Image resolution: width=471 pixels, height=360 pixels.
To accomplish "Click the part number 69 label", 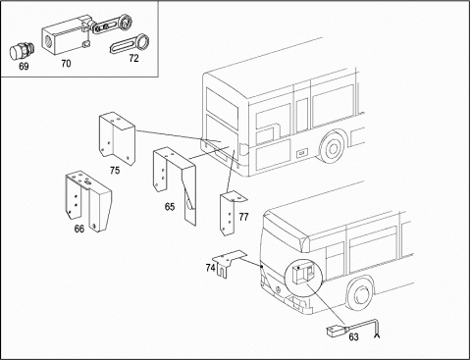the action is pos(24,67).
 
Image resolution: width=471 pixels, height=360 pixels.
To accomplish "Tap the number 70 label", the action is pos(66,63).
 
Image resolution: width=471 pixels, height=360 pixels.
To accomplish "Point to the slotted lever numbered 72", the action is pos(130,45).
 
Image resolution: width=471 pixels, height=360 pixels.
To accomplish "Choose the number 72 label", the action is pos(133,58).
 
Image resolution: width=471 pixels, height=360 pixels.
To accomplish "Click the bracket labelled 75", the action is pos(117,138).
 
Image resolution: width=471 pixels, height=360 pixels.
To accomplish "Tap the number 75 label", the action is pos(115,171).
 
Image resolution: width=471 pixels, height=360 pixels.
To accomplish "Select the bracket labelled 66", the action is pos(88,200).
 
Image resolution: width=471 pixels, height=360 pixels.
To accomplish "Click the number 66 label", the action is pos(79,229).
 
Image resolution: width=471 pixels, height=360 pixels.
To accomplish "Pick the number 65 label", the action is pos(170,207).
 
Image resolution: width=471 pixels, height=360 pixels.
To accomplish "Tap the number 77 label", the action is pos(243,217).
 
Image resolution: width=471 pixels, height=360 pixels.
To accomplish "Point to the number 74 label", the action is pos(211,268).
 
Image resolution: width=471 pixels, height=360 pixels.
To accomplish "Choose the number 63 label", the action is pos(353,336).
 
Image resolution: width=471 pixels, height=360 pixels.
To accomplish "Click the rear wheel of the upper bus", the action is pos(333,148).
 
